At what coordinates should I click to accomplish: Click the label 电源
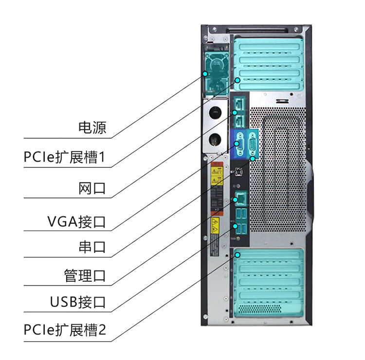92,128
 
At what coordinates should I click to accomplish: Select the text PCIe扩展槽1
65,158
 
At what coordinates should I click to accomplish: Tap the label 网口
92,188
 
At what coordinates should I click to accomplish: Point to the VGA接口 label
76,222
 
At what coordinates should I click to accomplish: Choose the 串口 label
92,247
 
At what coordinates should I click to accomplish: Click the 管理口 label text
85,276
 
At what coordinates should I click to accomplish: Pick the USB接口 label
78,302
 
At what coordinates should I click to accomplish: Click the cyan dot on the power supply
205,73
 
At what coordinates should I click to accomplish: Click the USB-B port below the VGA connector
238,171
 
